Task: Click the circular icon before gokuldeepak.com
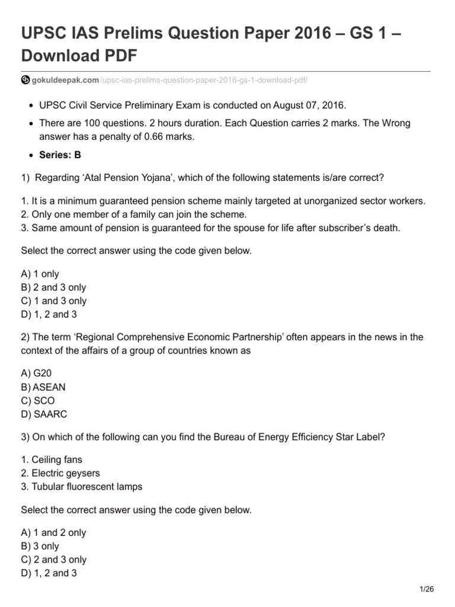[x=25, y=80]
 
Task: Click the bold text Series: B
[x=60, y=155]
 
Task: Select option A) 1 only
[x=40, y=274]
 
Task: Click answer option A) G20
[x=40, y=374]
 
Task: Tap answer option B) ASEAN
[x=43, y=387]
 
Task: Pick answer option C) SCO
[x=38, y=401]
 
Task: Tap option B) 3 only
[x=40, y=546]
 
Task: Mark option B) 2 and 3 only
[x=54, y=287]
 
